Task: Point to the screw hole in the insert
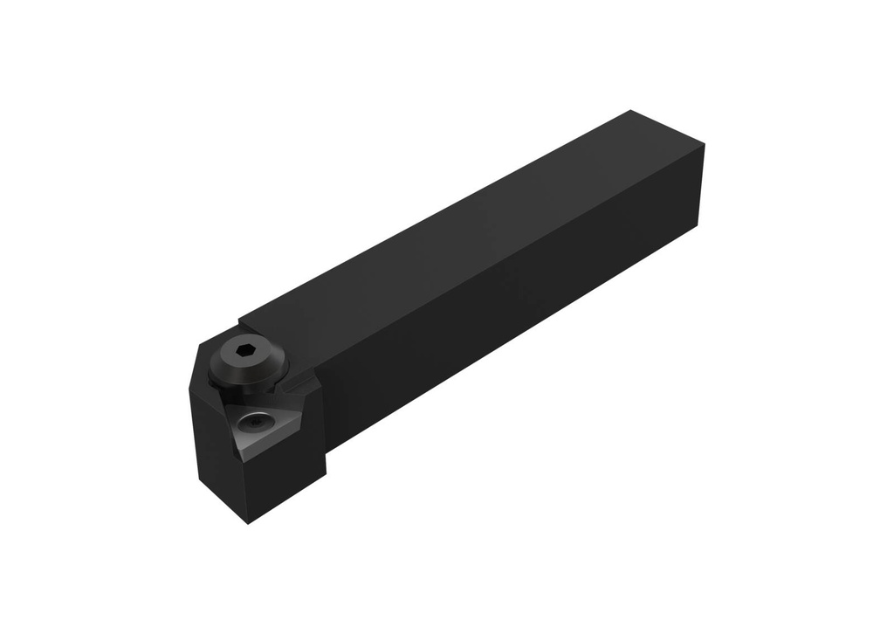click(256, 424)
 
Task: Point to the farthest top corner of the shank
click(630, 111)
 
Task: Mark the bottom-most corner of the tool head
click(248, 523)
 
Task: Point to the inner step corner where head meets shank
click(326, 450)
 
